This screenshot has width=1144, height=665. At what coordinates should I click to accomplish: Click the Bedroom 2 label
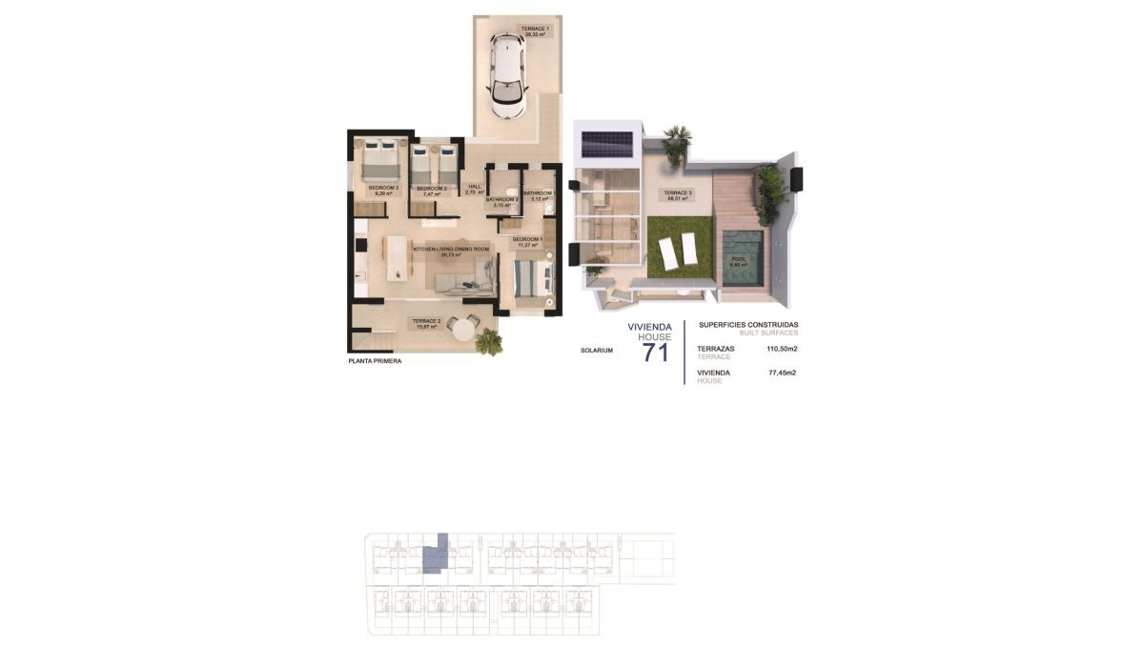pyautogui.click(x=432, y=191)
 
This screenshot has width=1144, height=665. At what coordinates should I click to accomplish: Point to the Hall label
pyautogui.click(x=474, y=190)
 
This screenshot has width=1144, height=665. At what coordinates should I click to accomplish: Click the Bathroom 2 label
pyautogui.click(x=502, y=202)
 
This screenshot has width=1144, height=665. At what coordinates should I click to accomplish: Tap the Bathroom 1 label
pyautogui.click(x=538, y=196)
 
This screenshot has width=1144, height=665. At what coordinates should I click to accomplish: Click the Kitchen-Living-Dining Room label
pyautogui.click(x=451, y=251)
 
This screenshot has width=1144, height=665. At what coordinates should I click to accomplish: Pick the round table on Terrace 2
pyautogui.click(x=461, y=328)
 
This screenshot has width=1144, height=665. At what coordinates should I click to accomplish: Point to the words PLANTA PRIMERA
pyautogui.click(x=376, y=362)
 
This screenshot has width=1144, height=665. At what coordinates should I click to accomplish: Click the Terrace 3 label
pyautogui.click(x=678, y=196)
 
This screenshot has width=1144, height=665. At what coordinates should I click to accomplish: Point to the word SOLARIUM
pyautogui.click(x=596, y=351)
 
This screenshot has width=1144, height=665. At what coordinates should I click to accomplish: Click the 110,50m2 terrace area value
pyautogui.click(x=781, y=349)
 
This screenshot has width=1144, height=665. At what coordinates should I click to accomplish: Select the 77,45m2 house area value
pyautogui.click(x=782, y=373)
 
